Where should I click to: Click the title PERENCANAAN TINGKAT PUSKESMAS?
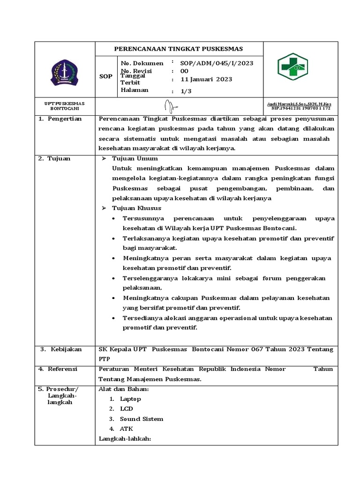point(179,49)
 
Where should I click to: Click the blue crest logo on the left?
point(65,72)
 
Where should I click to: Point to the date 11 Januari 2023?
point(206,79)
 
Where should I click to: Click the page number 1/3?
point(187,91)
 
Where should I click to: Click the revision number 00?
point(184,71)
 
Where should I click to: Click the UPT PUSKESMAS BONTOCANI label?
point(65,105)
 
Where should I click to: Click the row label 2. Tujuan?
point(56,158)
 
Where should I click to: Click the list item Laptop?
point(130,399)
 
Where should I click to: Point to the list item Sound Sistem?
point(141,419)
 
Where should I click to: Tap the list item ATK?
point(127,428)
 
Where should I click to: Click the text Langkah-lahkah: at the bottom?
point(124,439)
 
